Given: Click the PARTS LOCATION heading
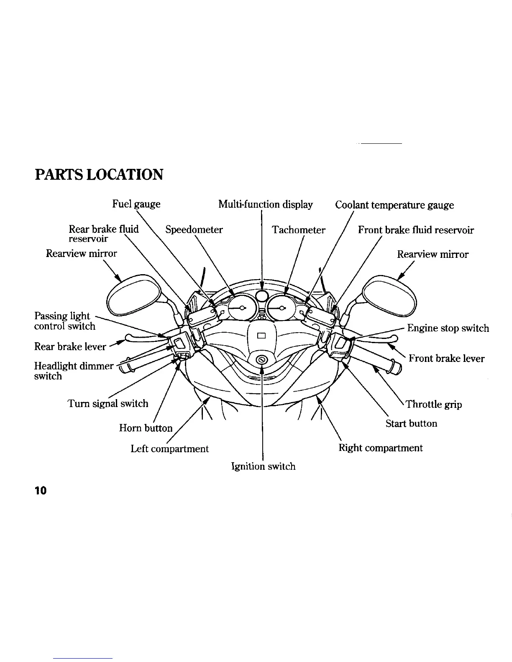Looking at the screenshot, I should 99,174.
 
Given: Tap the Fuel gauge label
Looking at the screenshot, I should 136,204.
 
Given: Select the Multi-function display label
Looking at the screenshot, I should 266,204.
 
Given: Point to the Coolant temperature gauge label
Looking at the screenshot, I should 394,205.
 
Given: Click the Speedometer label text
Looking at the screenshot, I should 194,229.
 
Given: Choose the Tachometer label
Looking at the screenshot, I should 298,230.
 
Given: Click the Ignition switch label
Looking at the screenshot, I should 263,466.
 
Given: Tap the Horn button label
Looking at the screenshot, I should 146,428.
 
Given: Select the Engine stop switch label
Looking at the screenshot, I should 448,328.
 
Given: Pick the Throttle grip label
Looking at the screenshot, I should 434,404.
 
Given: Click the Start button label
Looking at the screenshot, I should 411,423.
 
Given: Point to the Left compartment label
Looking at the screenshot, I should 169,448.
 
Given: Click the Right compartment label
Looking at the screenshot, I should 380,448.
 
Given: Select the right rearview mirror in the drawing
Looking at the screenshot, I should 389,295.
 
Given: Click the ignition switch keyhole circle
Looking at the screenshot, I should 261,360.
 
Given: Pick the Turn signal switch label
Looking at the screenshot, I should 108,404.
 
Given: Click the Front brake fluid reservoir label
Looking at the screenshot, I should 416,230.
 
